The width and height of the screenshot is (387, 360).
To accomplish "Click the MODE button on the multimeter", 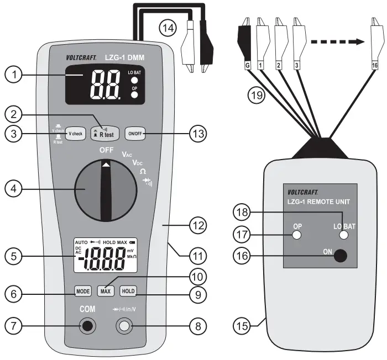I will click(82, 290).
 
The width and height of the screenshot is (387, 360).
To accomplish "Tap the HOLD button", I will click(128, 290).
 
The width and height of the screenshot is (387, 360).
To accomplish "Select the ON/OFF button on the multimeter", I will click(135, 133).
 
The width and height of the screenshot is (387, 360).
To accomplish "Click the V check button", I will click(77, 134).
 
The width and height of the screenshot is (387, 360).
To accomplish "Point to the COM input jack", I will click(87, 327).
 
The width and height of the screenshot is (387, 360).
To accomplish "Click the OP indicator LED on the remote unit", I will click(297, 235).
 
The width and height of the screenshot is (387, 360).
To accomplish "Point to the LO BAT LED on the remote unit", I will click(344, 235).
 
